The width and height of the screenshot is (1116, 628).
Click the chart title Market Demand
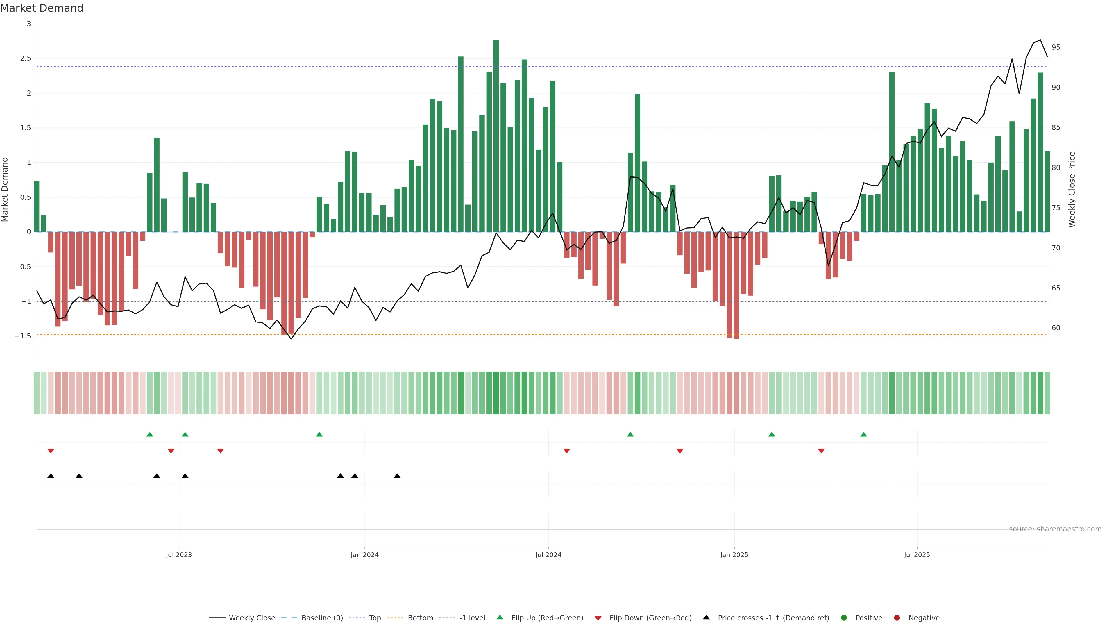42,8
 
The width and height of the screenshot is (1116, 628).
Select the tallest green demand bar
496,136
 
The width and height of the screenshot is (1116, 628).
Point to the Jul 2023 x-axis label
178,555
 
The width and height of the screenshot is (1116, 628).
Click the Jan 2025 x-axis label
734,555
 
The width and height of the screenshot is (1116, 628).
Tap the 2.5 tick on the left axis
26,58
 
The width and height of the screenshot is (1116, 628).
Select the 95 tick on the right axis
1056,47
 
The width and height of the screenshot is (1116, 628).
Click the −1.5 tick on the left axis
23,336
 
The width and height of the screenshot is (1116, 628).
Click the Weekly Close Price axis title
1072,189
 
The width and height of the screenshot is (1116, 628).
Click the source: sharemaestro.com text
1055,529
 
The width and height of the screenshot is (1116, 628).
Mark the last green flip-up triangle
863,435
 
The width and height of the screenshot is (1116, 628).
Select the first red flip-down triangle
51,451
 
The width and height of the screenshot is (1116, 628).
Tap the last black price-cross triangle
397,476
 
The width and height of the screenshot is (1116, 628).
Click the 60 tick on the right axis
1056,328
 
